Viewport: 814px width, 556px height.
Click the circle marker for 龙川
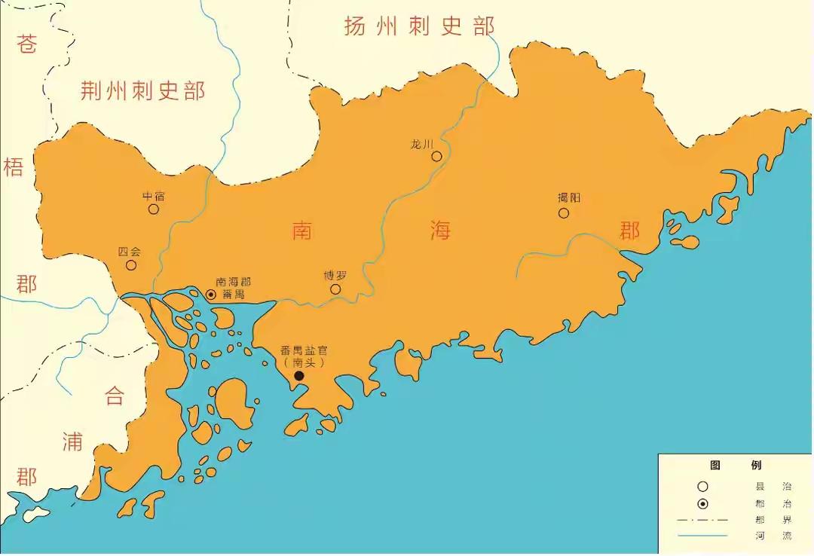[x=436, y=157]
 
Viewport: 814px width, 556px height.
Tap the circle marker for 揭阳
[x=564, y=213]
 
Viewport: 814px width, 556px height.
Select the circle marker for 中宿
[x=154, y=209]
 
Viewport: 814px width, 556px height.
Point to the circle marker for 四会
[x=131, y=265]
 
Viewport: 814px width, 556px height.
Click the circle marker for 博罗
[x=335, y=289]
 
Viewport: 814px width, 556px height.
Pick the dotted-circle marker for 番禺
[x=211, y=295]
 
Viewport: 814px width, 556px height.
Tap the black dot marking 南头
[x=299, y=376]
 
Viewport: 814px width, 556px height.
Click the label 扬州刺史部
[x=419, y=26]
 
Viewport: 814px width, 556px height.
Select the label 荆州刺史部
[x=143, y=92]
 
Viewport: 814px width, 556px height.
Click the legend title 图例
[x=736, y=466]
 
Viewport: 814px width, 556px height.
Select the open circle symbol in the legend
[x=702, y=487]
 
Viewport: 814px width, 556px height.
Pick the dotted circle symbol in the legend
[x=702, y=504]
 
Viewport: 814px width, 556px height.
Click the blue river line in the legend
[x=702, y=536]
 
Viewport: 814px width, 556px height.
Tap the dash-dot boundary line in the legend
[x=702, y=521]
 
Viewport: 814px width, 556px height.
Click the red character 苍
[x=27, y=45]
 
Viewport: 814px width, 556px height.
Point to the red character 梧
[x=14, y=167]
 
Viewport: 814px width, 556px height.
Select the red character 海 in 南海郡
[x=440, y=230]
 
